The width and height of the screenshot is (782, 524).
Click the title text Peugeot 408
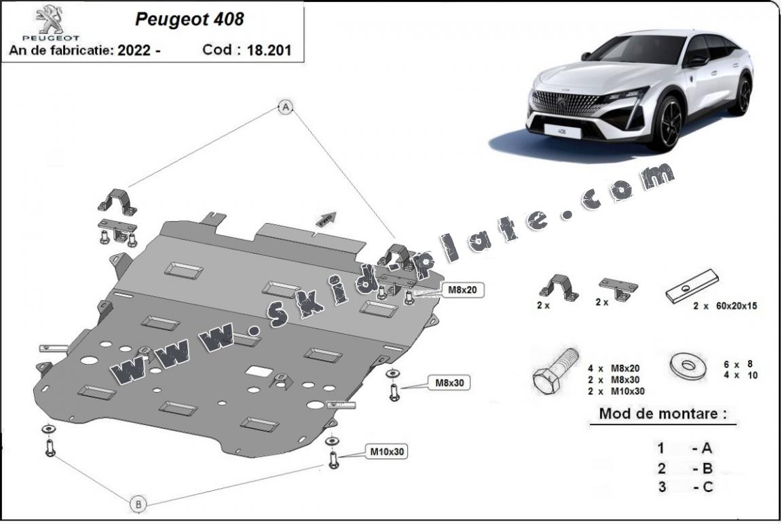[189, 19]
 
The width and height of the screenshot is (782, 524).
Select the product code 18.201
[270, 50]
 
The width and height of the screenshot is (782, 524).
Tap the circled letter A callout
[286, 107]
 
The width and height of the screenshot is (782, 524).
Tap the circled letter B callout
[138, 504]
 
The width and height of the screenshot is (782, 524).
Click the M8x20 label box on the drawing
[462, 290]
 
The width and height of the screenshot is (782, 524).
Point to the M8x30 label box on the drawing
[448, 383]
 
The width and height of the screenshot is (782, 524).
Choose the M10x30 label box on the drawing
[388, 451]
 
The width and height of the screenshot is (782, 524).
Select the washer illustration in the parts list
[688, 366]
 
